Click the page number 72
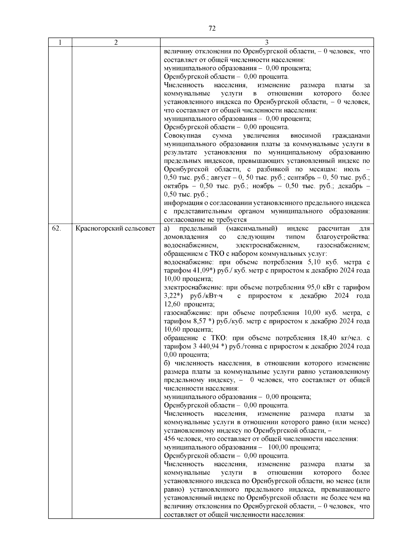212,29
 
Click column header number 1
60,42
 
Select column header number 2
116,42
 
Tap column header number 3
267,42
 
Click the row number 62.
56,228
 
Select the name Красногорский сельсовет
115,228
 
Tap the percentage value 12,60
172,304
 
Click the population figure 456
169,439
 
